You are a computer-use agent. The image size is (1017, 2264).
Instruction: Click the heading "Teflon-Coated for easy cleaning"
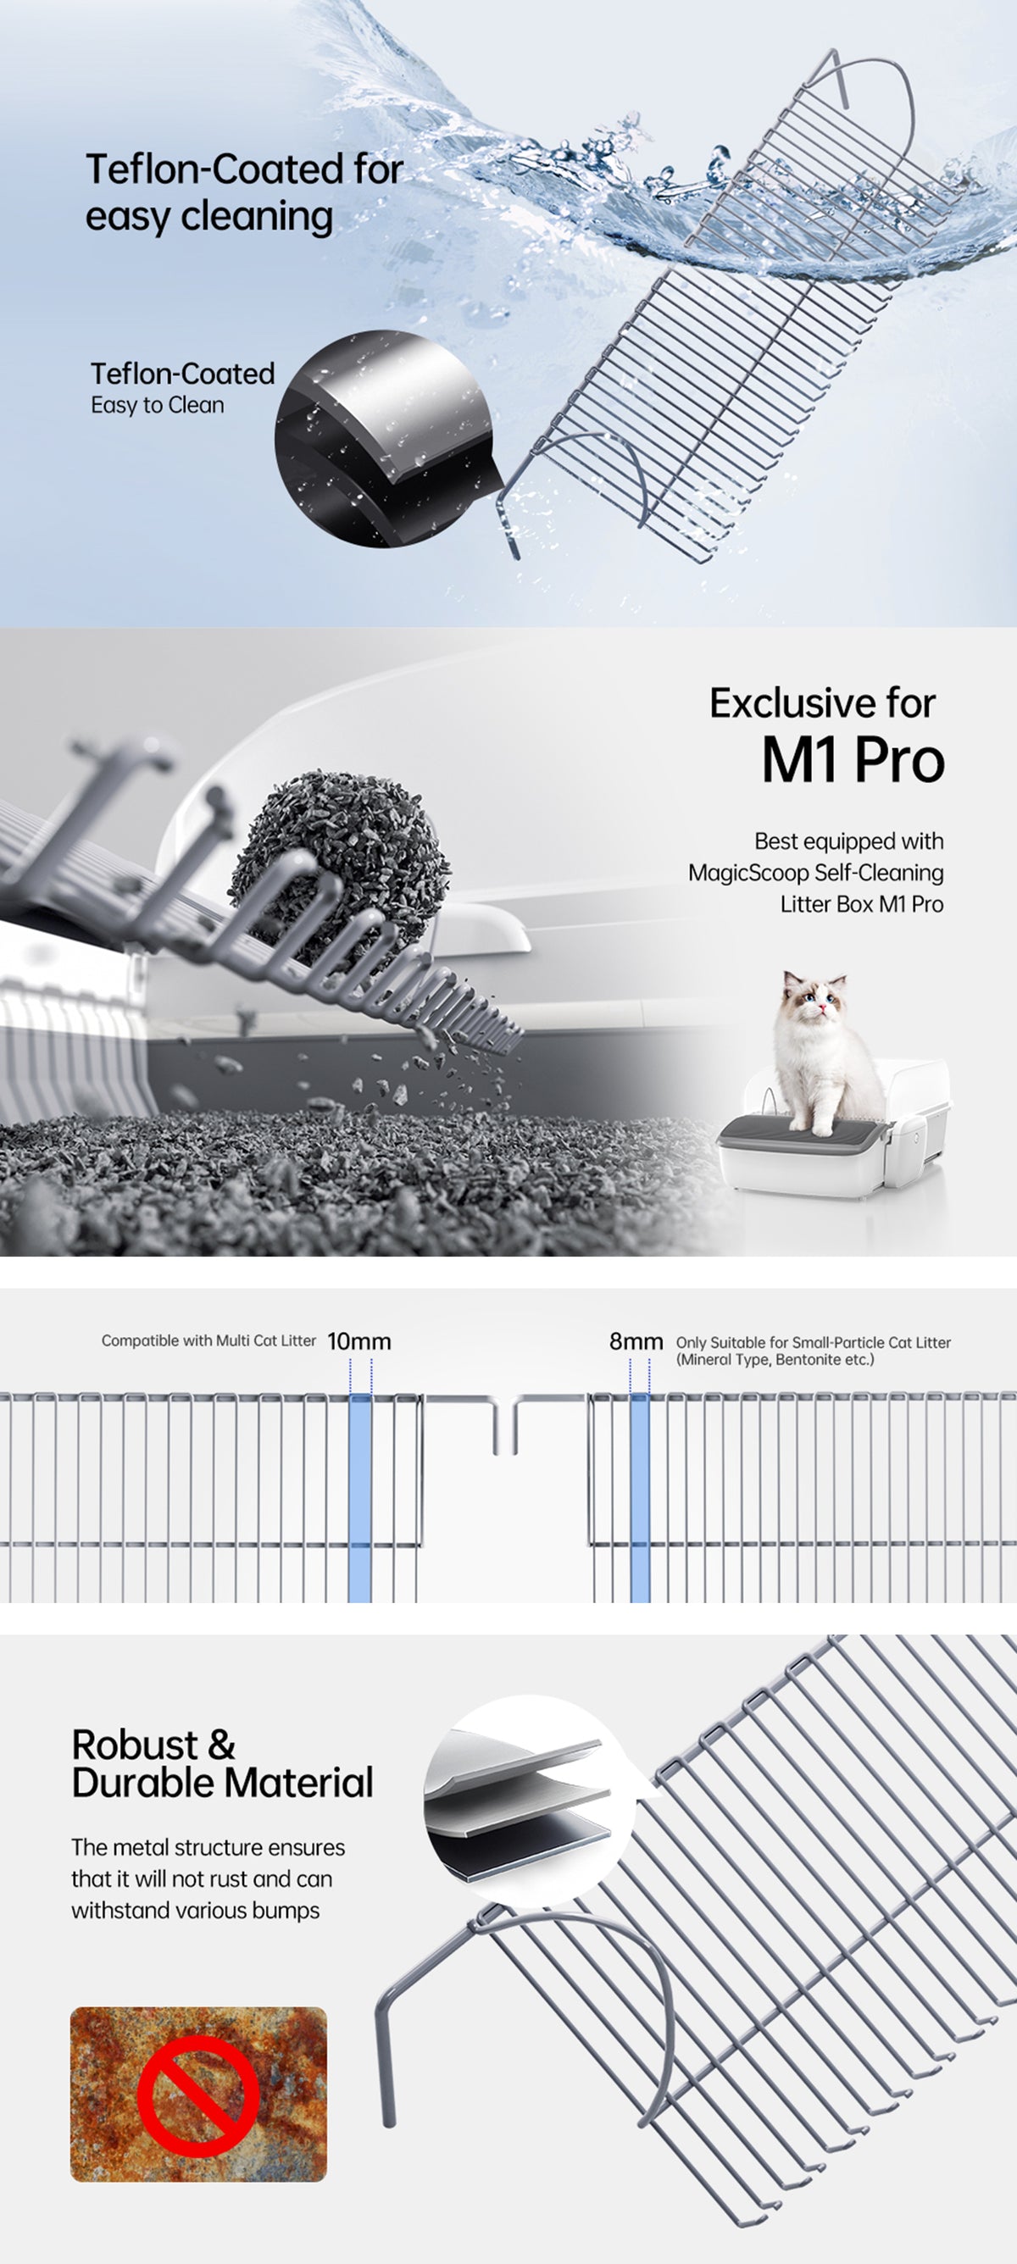[244, 192]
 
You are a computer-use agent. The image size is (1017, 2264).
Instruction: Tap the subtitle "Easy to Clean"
[158, 405]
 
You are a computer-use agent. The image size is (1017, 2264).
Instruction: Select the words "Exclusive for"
[822, 703]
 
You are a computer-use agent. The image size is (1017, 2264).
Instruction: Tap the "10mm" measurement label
[358, 1342]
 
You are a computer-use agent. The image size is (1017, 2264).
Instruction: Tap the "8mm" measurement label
[636, 1341]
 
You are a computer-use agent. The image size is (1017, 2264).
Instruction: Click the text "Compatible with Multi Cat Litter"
[208, 1340]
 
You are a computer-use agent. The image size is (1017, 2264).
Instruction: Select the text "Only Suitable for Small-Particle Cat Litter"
[813, 1342]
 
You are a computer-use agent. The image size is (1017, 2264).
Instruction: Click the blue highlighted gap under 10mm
[360, 1498]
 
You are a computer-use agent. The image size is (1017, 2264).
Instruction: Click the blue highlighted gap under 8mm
[640, 1498]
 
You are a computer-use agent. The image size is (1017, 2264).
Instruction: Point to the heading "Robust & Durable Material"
[222, 1763]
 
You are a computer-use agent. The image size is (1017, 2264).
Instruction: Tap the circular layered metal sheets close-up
[529, 1801]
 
